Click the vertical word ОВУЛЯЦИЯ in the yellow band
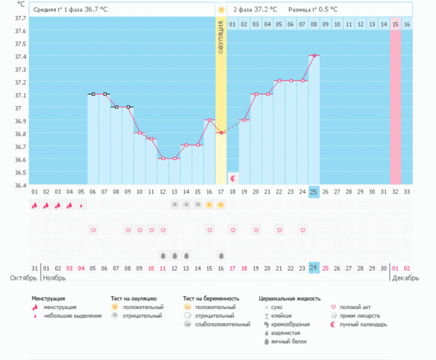[x=221, y=37]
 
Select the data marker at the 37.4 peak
[x=314, y=55]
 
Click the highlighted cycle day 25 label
[x=314, y=191]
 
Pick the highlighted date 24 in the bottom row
[x=314, y=268]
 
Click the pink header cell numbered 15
[x=395, y=25]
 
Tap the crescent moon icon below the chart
[x=233, y=177]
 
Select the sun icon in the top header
[x=221, y=10]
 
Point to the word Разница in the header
[x=299, y=10]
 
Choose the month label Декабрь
[x=404, y=278]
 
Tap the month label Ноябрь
[x=55, y=278]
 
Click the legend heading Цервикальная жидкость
[x=289, y=298]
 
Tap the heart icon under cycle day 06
[x=93, y=230]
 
